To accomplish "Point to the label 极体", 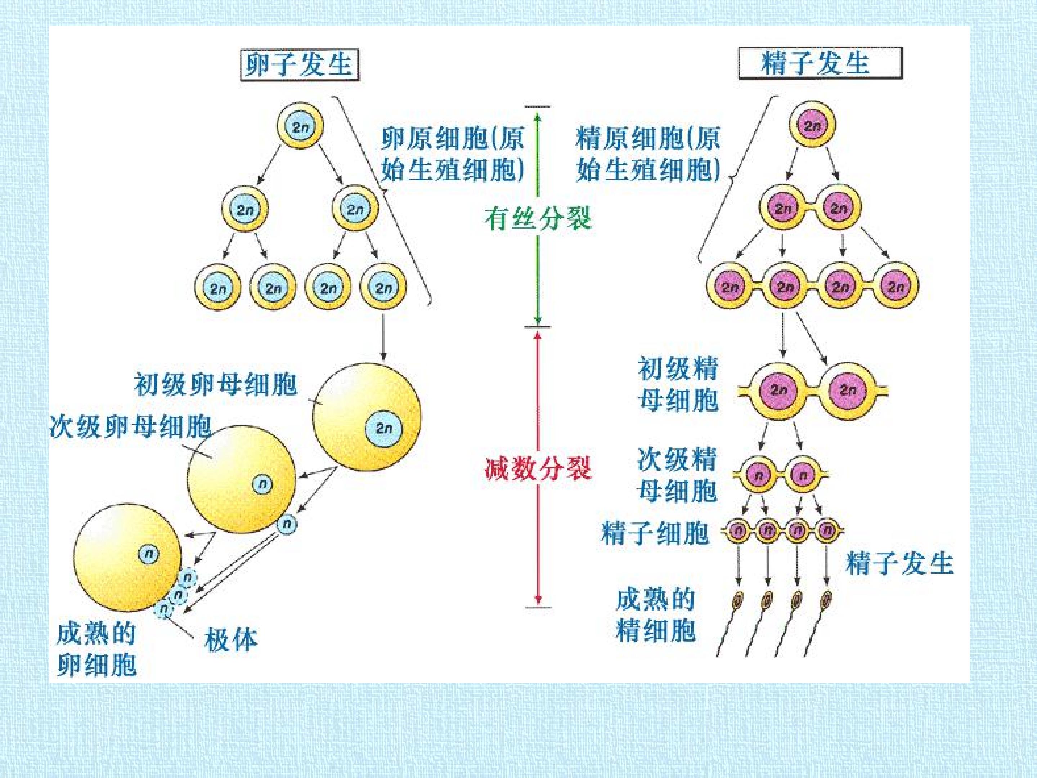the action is coord(231,639).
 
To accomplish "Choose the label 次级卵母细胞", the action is coord(130,427).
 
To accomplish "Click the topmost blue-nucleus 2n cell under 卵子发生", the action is coord(300,126).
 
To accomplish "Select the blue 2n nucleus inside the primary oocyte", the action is coord(384,427).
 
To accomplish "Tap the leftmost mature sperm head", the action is coord(738,599).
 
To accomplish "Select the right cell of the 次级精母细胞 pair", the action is coord(803,475).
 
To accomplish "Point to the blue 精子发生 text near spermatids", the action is coord(899,563).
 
